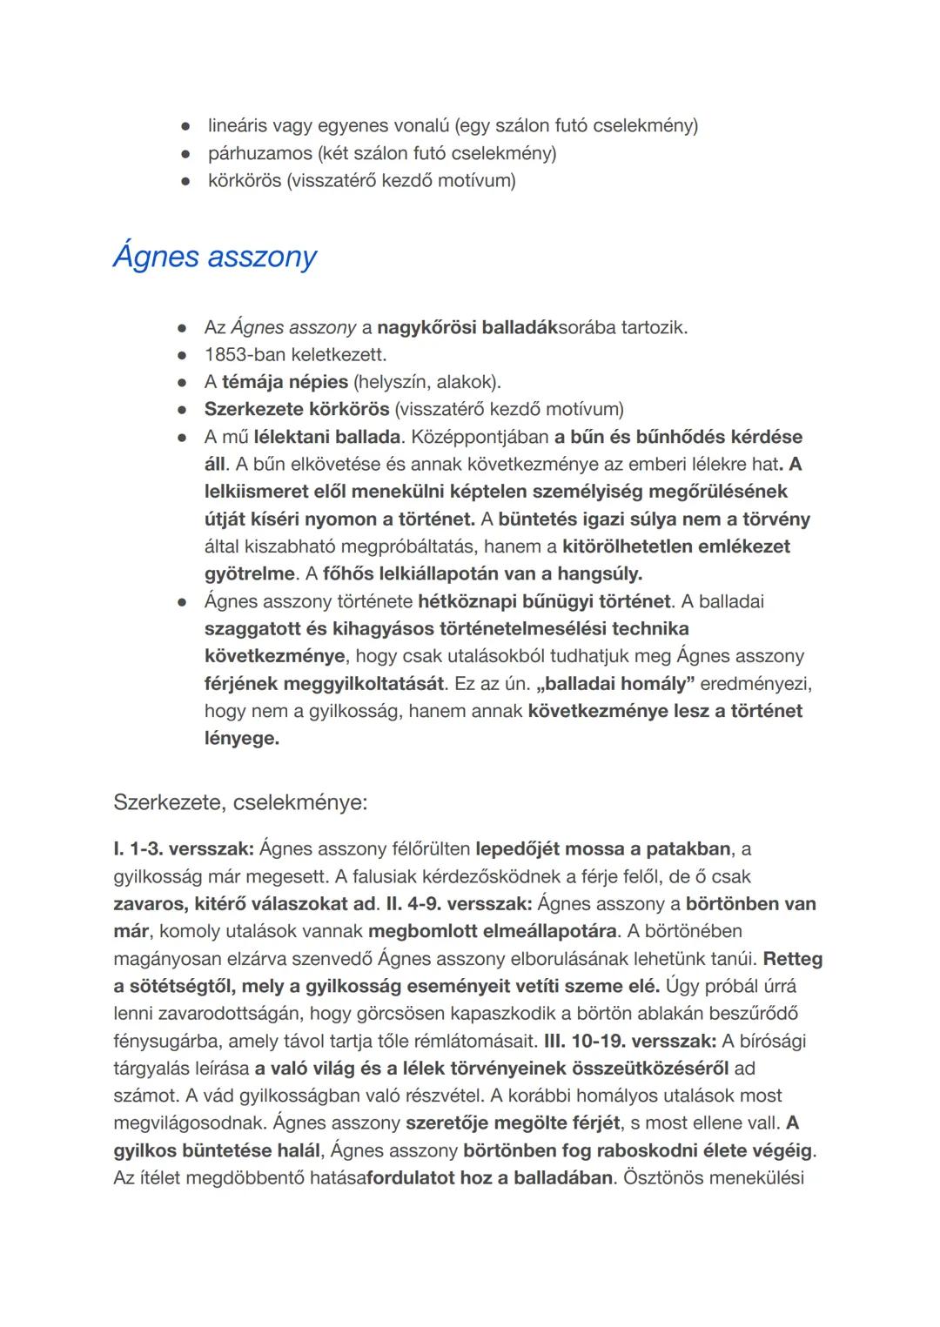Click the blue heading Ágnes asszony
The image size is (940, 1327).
215,257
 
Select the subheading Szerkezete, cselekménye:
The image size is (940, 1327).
240,802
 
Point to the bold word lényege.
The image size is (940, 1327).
242,739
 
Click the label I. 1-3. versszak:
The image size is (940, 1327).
184,848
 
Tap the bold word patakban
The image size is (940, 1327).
688,848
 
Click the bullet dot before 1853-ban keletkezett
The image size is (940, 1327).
182,356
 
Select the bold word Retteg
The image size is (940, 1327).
792,959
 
